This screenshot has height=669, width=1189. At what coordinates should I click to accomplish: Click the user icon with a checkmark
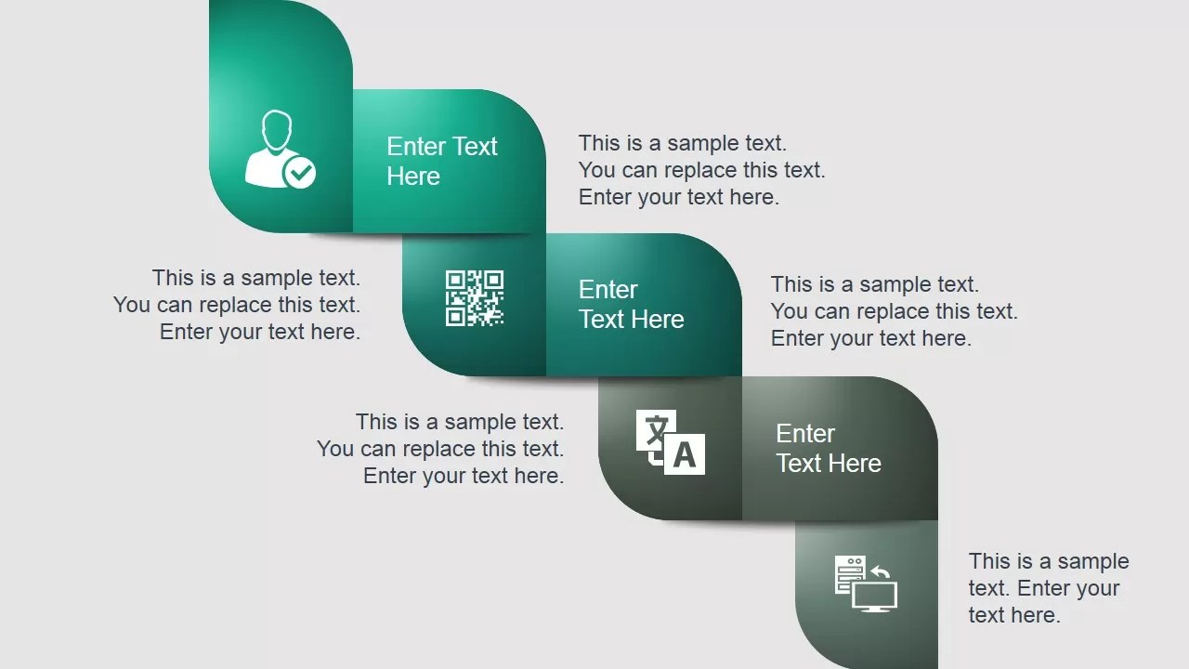280,150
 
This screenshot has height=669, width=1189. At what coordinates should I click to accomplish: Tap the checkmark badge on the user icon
300,172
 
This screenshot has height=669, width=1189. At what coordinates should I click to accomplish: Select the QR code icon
475,298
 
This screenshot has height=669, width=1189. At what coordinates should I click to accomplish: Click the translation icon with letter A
671,441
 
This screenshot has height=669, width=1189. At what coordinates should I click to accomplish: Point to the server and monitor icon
866,584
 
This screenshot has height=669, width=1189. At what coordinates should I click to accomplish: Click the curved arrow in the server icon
882,571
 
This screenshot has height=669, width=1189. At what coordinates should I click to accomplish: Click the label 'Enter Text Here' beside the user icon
441,161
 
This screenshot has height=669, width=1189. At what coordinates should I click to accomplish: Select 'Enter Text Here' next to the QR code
631,304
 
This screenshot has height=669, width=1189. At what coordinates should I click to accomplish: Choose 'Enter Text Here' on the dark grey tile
829,448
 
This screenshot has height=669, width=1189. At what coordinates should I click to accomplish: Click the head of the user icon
276,131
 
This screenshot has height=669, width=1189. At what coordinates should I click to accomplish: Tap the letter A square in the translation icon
685,454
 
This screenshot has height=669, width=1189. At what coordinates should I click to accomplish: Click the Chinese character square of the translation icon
656,431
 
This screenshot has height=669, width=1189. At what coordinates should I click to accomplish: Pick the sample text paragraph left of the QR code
237,305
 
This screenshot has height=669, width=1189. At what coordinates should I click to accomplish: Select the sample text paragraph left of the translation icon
440,449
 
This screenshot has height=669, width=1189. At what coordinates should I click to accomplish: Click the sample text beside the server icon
1049,588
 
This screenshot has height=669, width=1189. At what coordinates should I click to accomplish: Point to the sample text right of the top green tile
701,170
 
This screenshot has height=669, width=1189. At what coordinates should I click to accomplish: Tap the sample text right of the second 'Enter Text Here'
895,311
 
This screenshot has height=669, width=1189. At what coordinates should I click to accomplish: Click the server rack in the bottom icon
850,574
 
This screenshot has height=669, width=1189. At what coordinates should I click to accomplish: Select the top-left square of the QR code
455,280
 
